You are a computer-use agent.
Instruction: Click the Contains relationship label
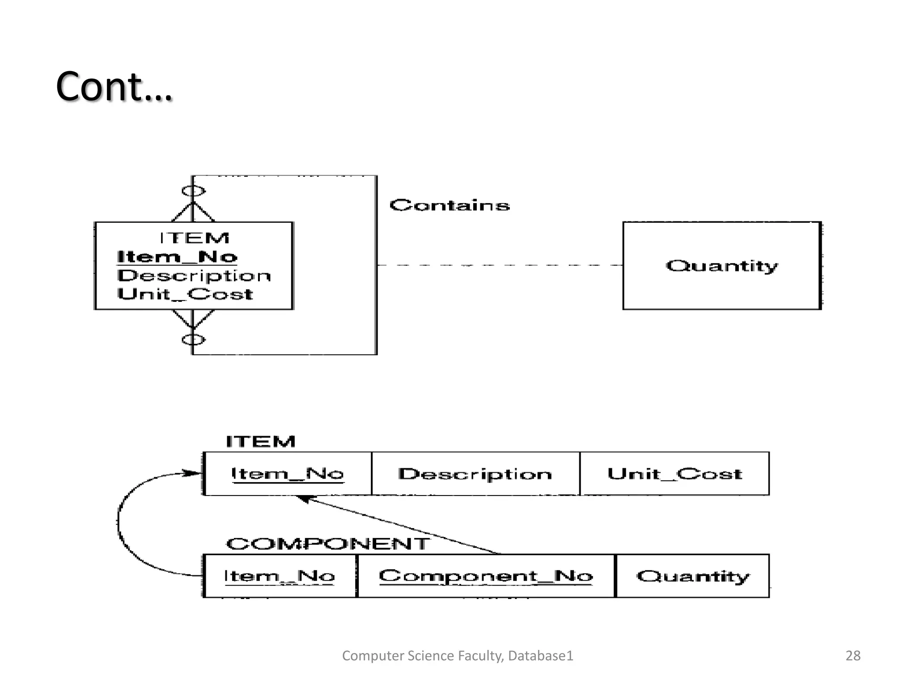449,205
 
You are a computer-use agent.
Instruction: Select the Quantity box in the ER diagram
721,266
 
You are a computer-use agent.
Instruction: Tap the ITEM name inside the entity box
195,238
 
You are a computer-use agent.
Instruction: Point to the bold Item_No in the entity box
177,257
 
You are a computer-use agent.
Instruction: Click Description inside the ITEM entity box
194,276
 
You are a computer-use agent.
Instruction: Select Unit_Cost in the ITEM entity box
185,294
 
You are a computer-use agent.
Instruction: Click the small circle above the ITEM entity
193,191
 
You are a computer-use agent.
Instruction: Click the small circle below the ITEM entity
193,340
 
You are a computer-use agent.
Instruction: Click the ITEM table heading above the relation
260,441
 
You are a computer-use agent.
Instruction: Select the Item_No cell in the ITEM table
288,474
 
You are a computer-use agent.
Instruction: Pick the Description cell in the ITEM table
475,474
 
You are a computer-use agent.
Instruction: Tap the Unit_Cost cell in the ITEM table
674,474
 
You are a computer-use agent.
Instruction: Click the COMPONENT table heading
328,544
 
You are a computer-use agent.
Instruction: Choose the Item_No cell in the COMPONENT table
280,576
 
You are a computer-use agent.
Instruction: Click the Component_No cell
486,576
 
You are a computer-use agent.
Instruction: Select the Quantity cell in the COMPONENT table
692,576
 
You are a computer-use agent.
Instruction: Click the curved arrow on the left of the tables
119,523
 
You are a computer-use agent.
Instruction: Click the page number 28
852,656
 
